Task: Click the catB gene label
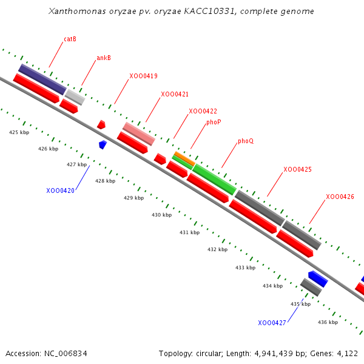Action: [x=70, y=39]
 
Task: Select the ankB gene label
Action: [x=104, y=58]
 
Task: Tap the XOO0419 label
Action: [x=143, y=76]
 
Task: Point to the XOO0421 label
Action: [x=175, y=94]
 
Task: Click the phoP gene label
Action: [x=214, y=122]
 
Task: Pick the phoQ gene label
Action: [x=246, y=141]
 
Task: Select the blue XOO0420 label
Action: [x=60, y=190]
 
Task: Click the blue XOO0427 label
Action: [x=272, y=323]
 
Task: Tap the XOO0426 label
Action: [x=340, y=197]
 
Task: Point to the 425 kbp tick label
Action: [x=19, y=132]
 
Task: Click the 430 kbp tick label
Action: [x=161, y=215]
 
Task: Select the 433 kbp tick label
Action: [x=245, y=268]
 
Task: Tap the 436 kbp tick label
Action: [x=328, y=322]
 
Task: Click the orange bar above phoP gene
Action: [x=184, y=158]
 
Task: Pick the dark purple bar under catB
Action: [x=42, y=79]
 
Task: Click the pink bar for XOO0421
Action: [x=139, y=133]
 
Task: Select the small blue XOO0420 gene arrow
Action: [x=103, y=144]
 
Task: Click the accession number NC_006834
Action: [x=66, y=354]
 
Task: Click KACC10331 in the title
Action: [x=209, y=11]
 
